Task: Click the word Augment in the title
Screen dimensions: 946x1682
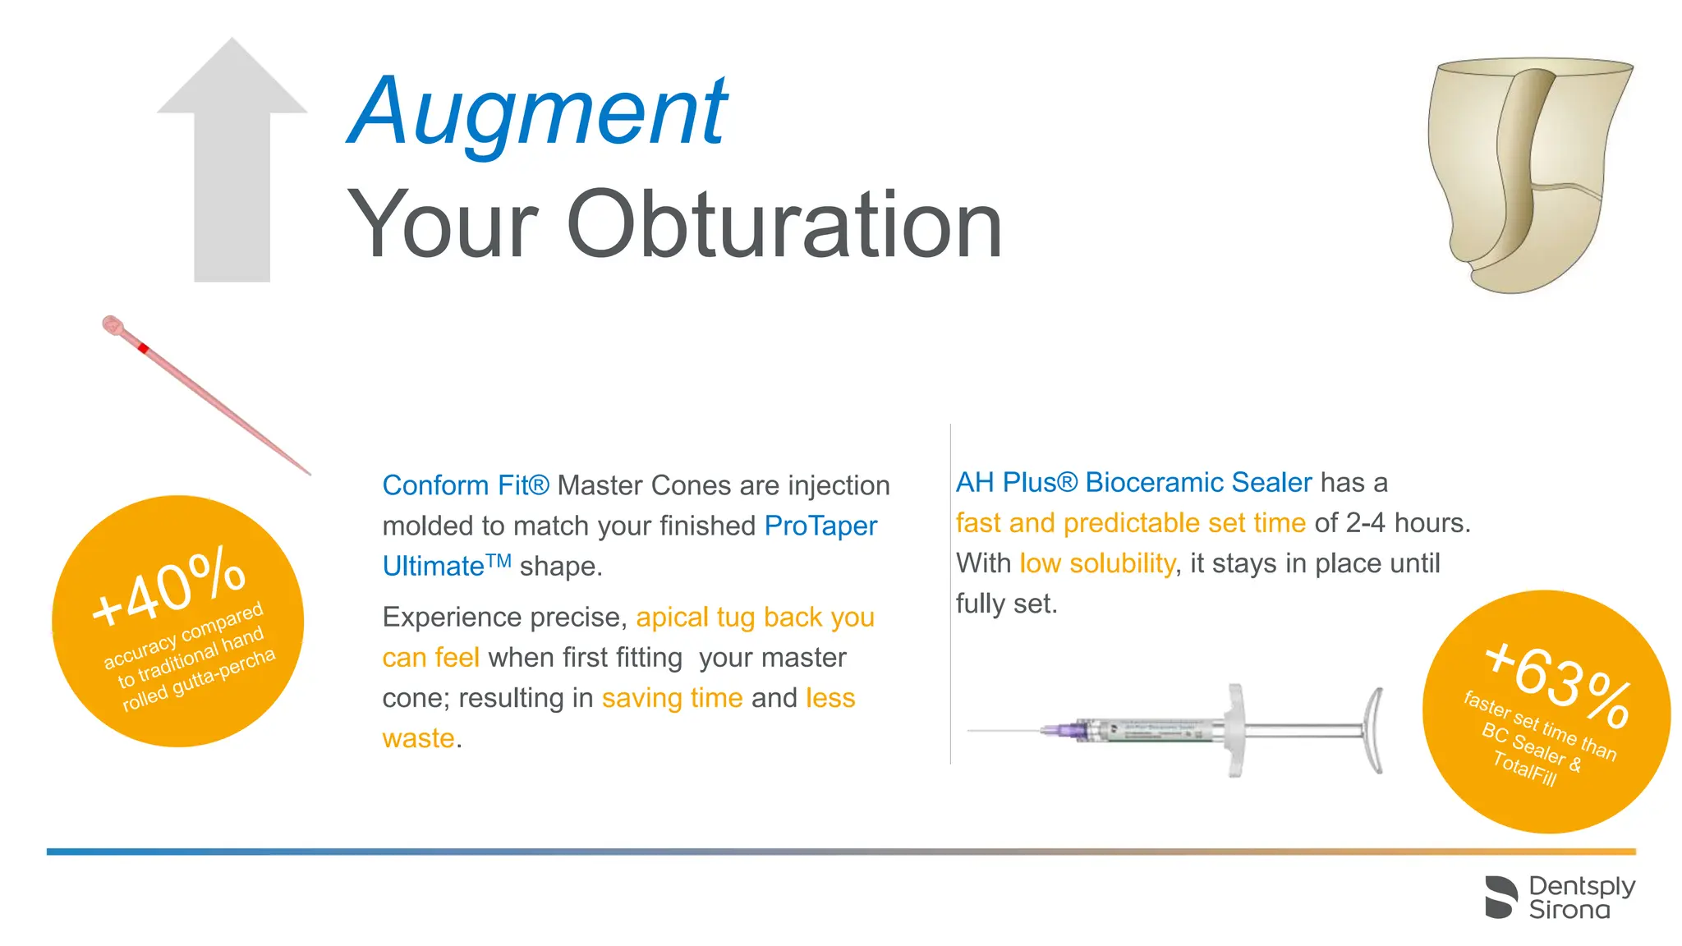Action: [538, 112]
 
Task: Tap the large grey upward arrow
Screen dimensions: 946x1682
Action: [232, 164]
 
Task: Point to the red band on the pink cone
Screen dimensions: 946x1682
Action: [143, 348]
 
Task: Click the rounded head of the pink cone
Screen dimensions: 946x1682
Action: [112, 324]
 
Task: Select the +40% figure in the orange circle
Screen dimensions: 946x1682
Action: [169, 588]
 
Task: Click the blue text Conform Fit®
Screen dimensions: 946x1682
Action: [465, 485]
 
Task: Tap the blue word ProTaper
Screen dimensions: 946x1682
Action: [820, 526]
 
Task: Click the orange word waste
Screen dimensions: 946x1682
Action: [418, 738]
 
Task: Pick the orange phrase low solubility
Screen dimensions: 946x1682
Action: [1097, 563]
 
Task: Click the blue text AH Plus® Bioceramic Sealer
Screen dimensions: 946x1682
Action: [1133, 482]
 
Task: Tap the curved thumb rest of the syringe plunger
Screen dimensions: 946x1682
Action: [1373, 730]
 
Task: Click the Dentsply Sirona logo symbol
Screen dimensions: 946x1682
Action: [1501, 898]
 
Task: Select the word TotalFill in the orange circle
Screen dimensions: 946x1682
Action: [1524, 770]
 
